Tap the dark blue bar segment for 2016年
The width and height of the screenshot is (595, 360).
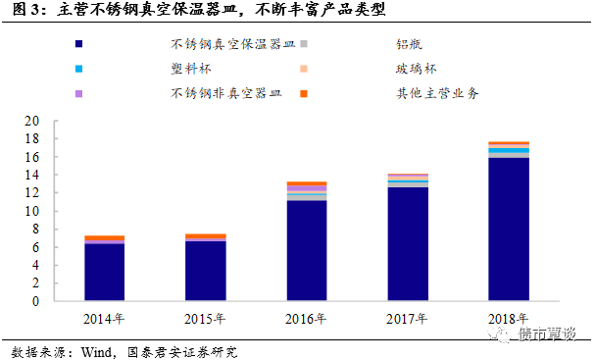click(x=307, y=250)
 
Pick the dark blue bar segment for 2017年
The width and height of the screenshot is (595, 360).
click(x=408, y=243)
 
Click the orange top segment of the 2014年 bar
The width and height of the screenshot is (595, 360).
click(x=104, y=238)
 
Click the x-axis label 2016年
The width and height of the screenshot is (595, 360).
click(x=307, y=318)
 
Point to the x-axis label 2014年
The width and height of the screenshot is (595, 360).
click(x=104, y=318)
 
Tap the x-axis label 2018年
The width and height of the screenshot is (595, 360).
click(x=509, y=318)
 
